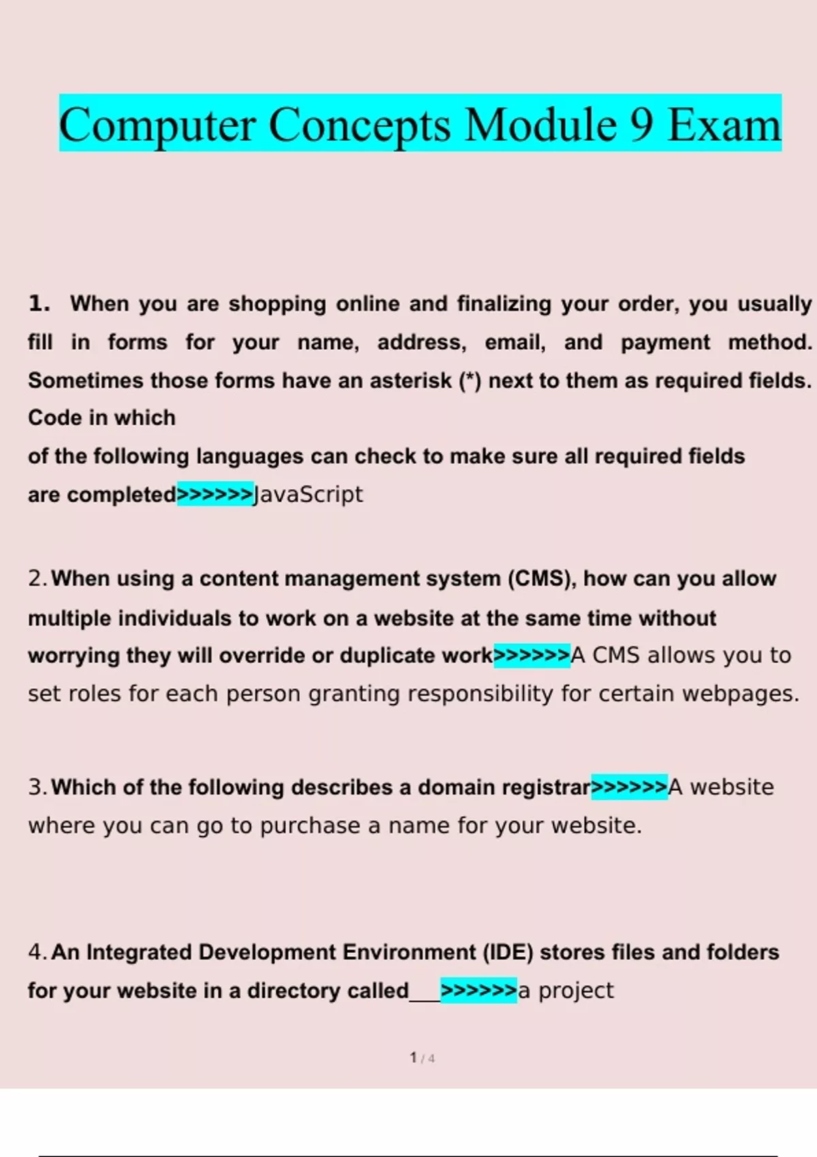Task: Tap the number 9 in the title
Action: [x=641, y=125]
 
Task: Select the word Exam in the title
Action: [x=724, y=125]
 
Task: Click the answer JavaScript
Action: [x=308, y=494]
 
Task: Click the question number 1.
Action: [x=39, y=304]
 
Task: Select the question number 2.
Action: [x=37, y=578]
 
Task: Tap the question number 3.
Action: [x=37, y=787]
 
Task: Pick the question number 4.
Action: [x=37, y=952]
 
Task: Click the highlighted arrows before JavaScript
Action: [x=214, y=494]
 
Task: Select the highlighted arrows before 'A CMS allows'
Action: [x=532, y=655]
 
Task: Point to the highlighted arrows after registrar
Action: [x=629, y=787]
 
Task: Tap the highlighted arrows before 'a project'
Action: [x=479, y=990]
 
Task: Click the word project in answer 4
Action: [x=576, y=991]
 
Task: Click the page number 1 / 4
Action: [x=422, y=1058]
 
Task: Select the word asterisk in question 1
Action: [x=411, y=380]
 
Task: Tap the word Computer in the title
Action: [x=158, y=125]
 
